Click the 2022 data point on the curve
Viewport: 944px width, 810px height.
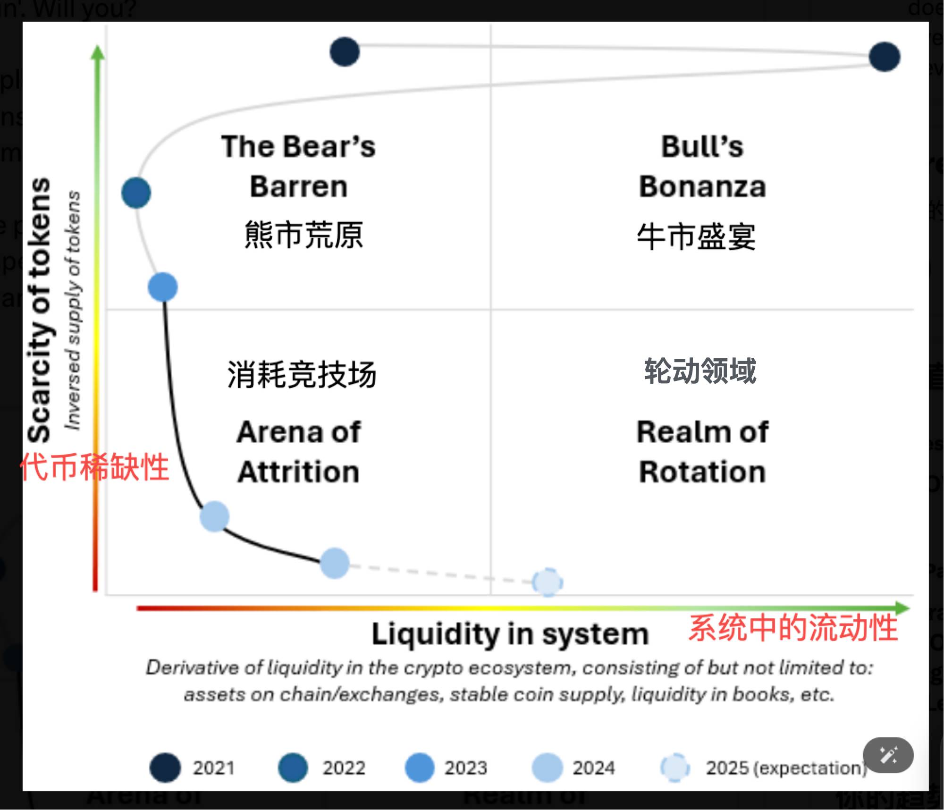[136, 193]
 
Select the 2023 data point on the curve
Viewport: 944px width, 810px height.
[163, 287]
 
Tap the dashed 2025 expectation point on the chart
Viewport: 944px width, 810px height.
[548, 582]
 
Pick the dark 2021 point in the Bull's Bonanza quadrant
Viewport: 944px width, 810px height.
[884, 57]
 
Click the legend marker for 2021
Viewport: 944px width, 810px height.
[165, 768]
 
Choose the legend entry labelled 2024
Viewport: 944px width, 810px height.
[593, 768]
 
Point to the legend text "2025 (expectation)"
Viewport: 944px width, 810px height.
[786, 768]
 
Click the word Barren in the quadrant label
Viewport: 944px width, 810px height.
[299, 186]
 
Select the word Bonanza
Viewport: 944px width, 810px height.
[702, 186]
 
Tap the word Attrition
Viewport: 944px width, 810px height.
[298, 472]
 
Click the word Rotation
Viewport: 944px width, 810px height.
[702, 472]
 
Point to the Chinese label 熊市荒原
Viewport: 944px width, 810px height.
[303, 235]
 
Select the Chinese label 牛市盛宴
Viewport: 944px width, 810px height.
[697, 236]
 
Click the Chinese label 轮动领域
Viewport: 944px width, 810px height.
[700, 371]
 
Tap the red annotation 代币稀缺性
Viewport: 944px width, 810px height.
[94, 467]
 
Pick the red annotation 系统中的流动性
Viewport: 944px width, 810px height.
[793, 628]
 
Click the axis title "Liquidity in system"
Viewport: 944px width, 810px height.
[510, 634]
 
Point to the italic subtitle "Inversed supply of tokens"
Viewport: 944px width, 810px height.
[73, 311]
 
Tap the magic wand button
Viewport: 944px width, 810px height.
[888, 755]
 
